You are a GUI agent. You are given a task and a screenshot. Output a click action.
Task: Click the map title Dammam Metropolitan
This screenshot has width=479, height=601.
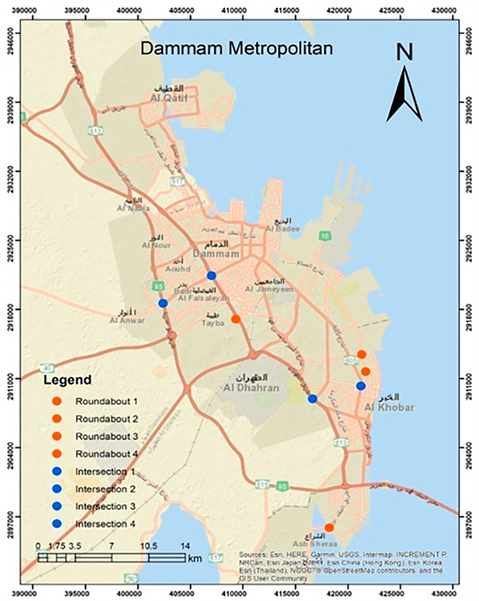(x=236, y=49)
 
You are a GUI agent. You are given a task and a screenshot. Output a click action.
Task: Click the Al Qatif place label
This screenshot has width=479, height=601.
(x=169, y=98)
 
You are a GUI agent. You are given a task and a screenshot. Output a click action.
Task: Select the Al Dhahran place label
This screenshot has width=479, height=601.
(x=251, y=388)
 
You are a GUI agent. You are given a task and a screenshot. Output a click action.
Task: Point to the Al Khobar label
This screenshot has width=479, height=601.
(x=389, y=407)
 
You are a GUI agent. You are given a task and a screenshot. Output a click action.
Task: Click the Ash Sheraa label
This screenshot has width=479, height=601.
(x=315, y=544)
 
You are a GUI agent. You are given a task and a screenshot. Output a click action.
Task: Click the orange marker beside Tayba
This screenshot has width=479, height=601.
(x=236, y=319)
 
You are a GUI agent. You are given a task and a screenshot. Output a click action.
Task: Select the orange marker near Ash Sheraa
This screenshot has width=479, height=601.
(x=329, y=528)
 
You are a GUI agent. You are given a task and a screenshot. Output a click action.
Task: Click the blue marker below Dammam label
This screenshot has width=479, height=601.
(x=212, y=276)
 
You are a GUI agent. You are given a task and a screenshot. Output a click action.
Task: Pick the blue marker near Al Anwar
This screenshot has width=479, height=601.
(x=163, y=303)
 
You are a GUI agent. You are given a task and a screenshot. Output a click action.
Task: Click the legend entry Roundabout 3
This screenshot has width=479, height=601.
(x=106, y=437)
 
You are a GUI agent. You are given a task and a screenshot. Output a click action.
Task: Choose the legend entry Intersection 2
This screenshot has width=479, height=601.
(x=105, y=489)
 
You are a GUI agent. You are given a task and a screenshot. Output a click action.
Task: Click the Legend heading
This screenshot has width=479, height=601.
(x=67, y=380)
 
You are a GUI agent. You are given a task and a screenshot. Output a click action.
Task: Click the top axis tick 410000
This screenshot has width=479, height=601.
(x=243, y=11)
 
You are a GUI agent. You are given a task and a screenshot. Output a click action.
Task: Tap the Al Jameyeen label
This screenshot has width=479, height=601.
(x=269, y=289)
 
